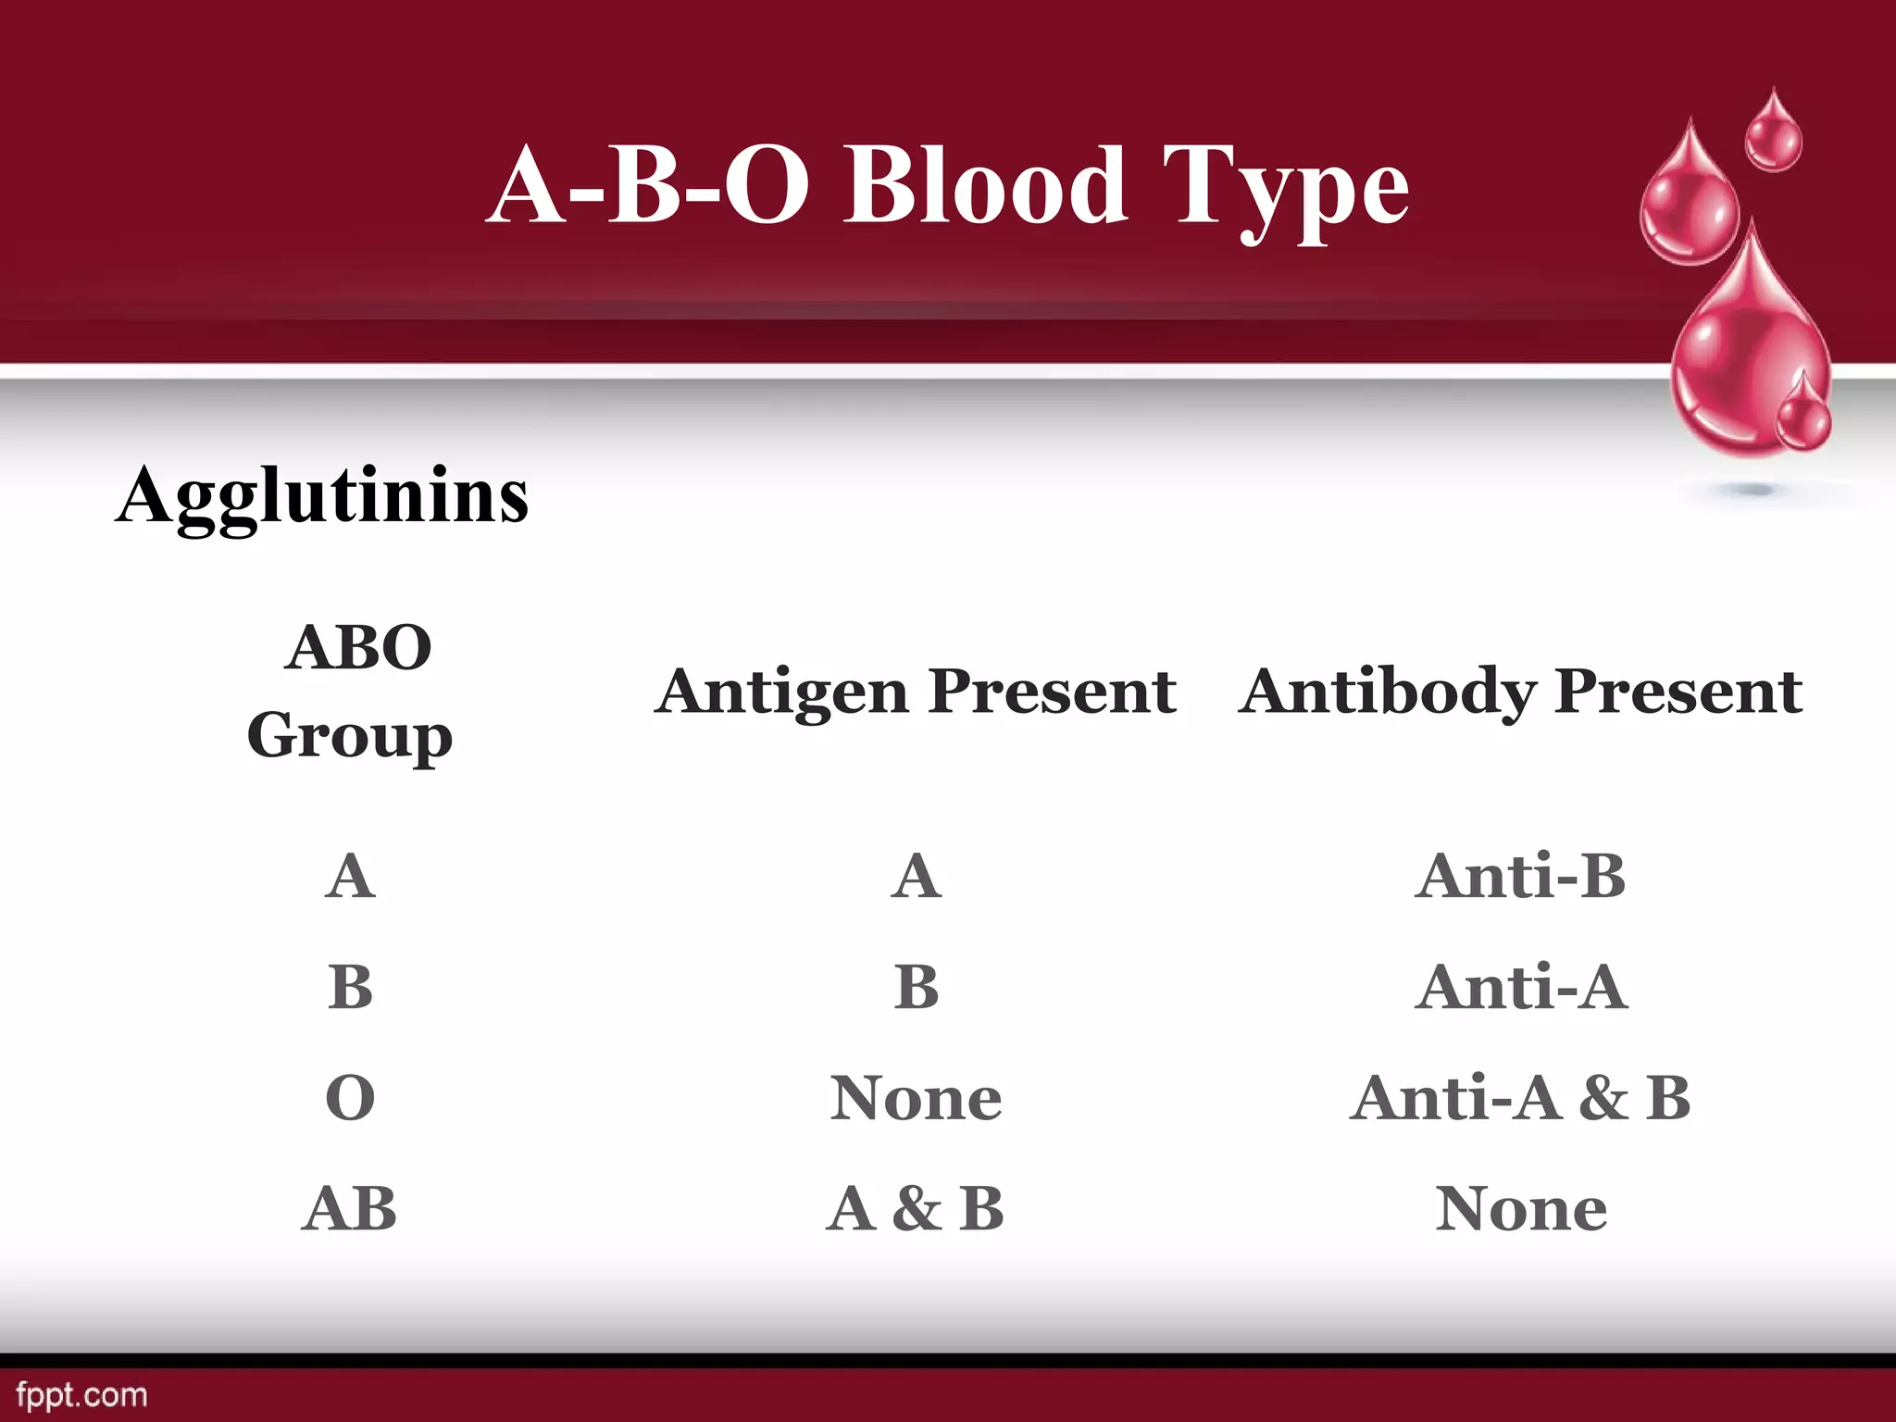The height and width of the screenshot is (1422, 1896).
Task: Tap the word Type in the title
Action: pyautogui.click(x=1286, y=190)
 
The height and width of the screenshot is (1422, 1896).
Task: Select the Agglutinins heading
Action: pyautogui.click(x=322, y=496)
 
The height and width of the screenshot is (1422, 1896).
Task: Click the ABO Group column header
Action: pyautogui.click(x=351, y=691)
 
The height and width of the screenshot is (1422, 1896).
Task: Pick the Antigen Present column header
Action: pyautogui.click(x=915, y=691)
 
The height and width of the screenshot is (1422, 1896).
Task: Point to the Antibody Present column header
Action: pyautogui.click(x=1520, y=691)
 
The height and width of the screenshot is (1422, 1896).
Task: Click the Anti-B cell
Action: pyautogui.click(x=1520, y=876)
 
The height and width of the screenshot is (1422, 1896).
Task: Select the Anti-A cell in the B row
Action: pyautogui.click(x=1520, y=987)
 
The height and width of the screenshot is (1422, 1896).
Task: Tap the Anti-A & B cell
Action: pyautogui.click(x=1520, y=1098)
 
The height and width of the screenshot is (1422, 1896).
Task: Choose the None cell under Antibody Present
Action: pyautogui.click(x=1520, y=1209)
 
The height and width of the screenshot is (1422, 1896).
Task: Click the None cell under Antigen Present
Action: pyautogui.click(x=915, y=1098)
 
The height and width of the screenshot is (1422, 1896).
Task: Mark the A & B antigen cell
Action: pyautogui.click(x=915, y=1209)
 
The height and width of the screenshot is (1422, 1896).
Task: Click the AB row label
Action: pyautogui.click(x=350, y=1209)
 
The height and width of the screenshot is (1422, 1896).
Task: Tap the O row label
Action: pyautogui.click(x=350, y=1098)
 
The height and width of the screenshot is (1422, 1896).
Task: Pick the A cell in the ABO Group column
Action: pyautogui.click(x=350, y=876)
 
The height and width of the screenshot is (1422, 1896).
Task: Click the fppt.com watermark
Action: pyautogui.click(x=81, y=1395)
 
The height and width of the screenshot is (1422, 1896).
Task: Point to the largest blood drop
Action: pyautogui.click(x=1745, y=361)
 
